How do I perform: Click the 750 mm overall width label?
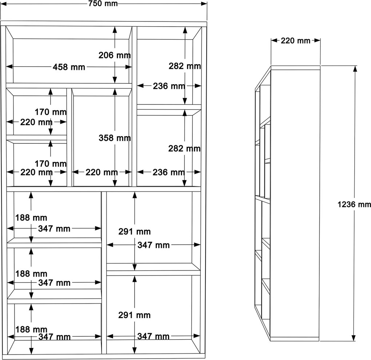103,4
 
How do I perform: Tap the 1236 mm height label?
354,205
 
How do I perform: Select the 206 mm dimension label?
115,55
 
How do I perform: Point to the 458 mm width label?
69,67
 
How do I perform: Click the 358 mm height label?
115,138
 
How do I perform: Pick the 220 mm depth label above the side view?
295,41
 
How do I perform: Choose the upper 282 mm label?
185,66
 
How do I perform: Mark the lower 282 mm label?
184,149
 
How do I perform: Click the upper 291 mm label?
134,232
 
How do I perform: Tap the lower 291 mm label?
134,315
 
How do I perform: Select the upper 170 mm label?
51,112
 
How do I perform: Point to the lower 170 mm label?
51,164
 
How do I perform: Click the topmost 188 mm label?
31,218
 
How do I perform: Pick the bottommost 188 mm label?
31,329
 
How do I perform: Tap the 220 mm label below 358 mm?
101,172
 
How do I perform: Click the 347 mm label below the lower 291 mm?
153,336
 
